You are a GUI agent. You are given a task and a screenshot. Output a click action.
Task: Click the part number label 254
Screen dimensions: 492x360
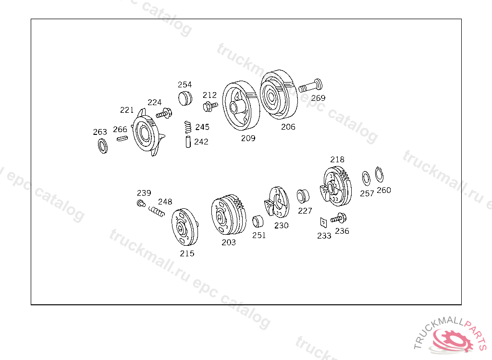click(184, 84)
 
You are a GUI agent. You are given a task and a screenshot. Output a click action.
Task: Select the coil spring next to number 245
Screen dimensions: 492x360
click(188, 127)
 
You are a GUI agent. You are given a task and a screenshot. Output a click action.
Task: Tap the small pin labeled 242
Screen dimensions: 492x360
click(188, 142)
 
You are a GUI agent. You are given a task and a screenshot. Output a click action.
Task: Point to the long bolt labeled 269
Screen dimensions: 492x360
click(310, 85)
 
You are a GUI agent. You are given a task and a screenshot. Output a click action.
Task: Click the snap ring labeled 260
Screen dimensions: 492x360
click(379, 174)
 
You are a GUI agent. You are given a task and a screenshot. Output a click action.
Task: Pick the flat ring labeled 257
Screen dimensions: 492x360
click(366, 179)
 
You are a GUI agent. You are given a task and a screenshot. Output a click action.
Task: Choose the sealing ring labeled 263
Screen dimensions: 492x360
click(103, 146)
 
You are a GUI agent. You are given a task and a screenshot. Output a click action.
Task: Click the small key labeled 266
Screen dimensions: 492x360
click(122, 138)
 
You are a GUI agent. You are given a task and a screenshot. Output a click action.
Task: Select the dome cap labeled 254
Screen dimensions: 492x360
click(185, 98)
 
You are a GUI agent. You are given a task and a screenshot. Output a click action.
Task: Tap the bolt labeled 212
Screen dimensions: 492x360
click(210, 106)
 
